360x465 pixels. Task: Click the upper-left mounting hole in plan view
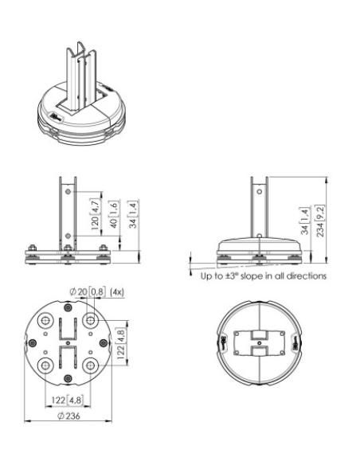(45, 321)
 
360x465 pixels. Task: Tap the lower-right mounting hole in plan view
(90, 365)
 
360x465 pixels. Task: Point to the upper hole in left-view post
(68, 193)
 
